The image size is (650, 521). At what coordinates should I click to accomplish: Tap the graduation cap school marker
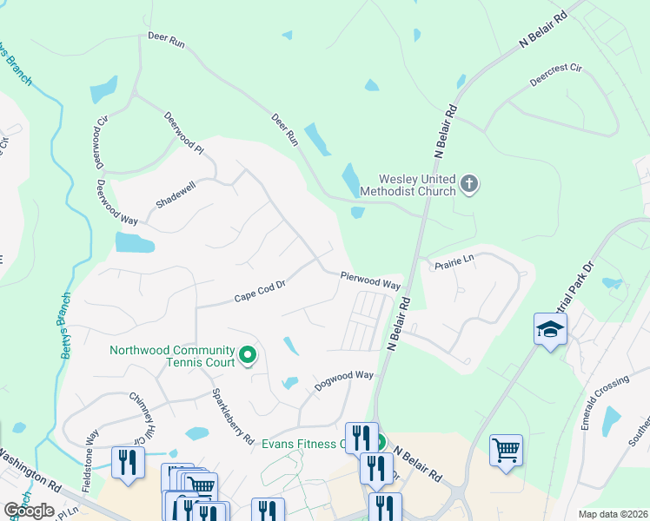coord(550,329)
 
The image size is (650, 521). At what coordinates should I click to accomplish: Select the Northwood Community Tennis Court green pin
coord(248,354)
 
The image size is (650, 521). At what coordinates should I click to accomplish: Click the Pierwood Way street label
coord(370,281)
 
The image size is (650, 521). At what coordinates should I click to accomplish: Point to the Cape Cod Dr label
coord(260,291)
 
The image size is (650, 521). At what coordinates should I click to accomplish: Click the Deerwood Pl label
coord(183,133)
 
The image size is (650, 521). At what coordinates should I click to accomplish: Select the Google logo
coord(29,511)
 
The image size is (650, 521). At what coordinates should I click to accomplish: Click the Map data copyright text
coord(614,514)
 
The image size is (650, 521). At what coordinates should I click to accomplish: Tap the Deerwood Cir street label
coord(98,141)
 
